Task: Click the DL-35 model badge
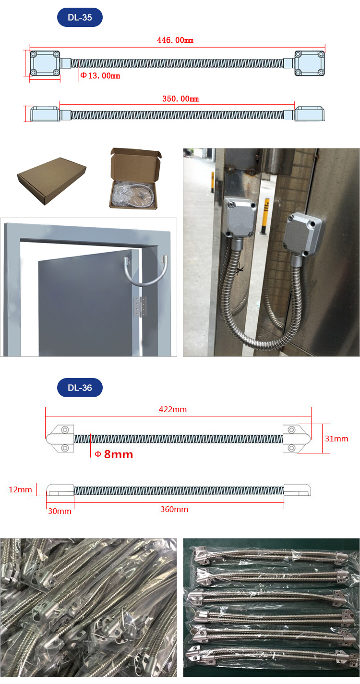[x=80, y=18]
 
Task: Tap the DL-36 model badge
[x=80, y=388]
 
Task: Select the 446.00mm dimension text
[x=175, y=40]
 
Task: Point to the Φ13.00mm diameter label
[x=100, y=76]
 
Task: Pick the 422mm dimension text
[x=173, y=409]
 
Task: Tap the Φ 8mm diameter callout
[x=113, y=454]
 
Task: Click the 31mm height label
[x=336, y=439]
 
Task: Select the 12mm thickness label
[x=20, y=489]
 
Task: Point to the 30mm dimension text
[x=60, y=511]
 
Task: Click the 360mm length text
[x=174, y=509]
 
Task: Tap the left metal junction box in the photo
[x=240, y=217]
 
